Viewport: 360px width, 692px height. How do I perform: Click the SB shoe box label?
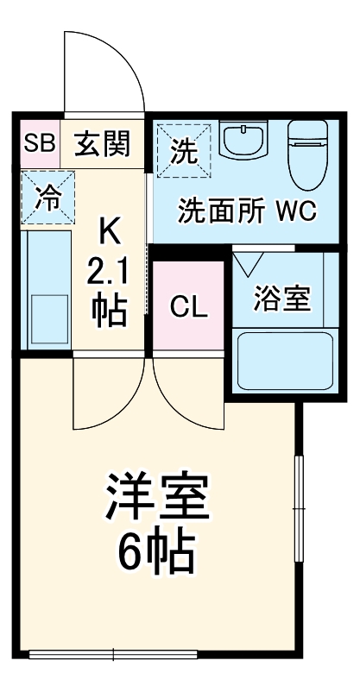tap(39, 143)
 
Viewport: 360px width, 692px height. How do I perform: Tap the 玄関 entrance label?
tap(101, 143)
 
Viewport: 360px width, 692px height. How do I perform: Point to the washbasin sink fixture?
tap(245, 141)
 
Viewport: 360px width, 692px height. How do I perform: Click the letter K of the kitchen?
tap(109, 230)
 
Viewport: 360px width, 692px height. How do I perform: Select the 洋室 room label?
tap(159, 498)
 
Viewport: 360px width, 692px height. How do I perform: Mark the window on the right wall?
tap(300, 509)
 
